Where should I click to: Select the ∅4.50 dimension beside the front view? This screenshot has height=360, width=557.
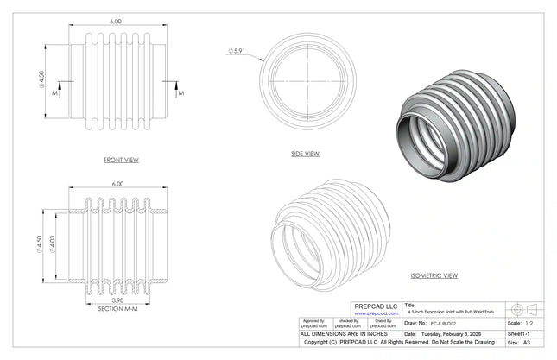(41, 81)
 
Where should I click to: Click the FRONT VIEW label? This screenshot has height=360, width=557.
(120, 160)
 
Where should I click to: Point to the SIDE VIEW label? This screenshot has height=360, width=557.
(305, 154)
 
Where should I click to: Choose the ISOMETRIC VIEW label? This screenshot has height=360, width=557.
(434, 275)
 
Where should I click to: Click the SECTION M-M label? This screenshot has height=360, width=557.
(116, 308)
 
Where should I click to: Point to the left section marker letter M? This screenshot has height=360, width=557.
(56, 91)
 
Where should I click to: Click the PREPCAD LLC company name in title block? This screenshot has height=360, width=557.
(376, 306)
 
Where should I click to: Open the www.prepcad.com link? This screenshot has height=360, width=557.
(376, 313)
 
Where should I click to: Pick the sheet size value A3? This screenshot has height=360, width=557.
(527, 343)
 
